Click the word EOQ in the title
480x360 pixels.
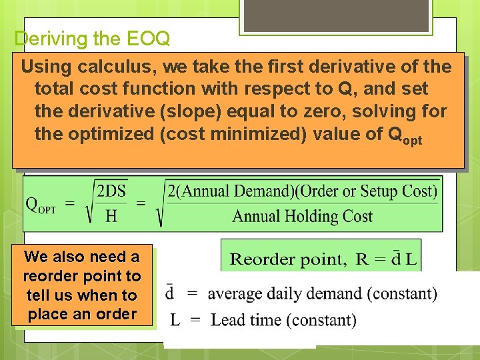149,39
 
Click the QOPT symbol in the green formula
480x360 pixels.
41,205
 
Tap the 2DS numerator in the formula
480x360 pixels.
111,191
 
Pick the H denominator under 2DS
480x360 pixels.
111,215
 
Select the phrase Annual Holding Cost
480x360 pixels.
302,216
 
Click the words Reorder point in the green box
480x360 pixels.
288,259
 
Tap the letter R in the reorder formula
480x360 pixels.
363,259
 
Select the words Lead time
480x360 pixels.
241,320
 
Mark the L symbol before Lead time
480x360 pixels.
175,320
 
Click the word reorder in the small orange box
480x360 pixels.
50,276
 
